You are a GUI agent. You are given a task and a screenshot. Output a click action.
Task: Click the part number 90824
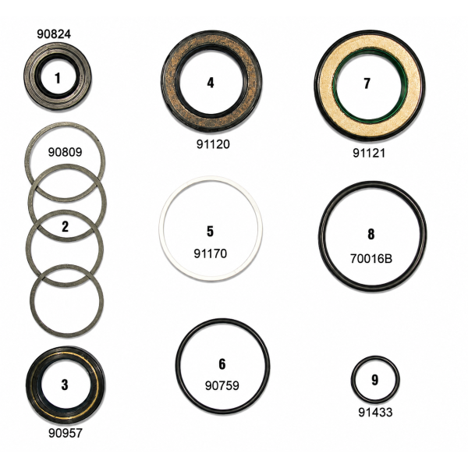pos(54,34)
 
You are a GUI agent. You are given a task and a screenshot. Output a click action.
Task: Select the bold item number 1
pos(58,78)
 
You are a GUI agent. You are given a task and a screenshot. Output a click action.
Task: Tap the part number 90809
pos(65,152)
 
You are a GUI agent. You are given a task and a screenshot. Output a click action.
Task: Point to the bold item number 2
pos(65,226)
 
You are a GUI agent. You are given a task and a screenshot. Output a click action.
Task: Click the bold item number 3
pos(65,385)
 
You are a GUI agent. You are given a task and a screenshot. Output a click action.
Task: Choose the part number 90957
pos(66,433)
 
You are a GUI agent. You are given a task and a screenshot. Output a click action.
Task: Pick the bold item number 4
pos(211,83)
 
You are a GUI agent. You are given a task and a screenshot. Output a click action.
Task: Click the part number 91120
pos(213,144)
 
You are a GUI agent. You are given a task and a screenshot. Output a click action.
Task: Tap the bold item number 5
pos(210,232)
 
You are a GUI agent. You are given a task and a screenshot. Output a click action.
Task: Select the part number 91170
pos(211,253)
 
